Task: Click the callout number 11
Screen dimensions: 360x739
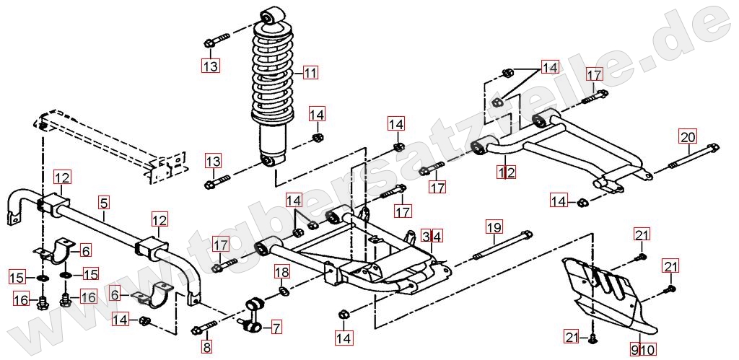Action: pos(310,72)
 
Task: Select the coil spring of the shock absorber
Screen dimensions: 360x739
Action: pos(273,72)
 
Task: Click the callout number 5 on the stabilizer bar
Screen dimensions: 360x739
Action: pos(104,204)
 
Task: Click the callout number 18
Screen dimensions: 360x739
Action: pos(282,272)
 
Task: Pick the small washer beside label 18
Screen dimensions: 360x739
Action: pos(283,291)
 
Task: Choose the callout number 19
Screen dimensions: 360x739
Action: pos(493,229)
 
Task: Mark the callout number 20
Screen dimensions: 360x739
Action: pos(688,136)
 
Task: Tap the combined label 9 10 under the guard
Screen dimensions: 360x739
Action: pos(643,350)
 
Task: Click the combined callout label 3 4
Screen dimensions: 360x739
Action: pos(432,236)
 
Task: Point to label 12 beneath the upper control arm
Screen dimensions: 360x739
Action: pos(506,172)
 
